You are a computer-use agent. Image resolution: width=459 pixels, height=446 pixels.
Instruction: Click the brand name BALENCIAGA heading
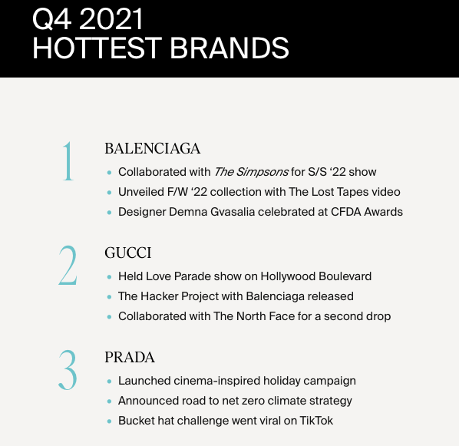[152, 148]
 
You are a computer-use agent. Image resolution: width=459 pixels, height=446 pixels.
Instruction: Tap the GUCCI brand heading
[128, 253]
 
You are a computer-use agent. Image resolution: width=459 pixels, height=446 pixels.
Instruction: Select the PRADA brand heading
[130, 357]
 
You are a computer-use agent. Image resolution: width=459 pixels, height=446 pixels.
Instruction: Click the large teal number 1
[68, 160]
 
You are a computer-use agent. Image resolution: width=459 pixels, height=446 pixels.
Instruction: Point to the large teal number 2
[68, 265]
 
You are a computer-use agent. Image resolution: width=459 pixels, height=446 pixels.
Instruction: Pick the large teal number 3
[68, 369]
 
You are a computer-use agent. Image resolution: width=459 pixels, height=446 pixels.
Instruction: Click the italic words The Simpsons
[251, 172]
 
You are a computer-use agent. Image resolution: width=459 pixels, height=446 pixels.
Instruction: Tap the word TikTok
[316, 421]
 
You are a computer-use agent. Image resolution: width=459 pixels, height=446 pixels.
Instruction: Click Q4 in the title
[52, 20]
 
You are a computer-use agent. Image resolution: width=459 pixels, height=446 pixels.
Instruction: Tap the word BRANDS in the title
[229, 48]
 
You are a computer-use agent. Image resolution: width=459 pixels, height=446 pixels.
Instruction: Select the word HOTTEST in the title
[97, 48]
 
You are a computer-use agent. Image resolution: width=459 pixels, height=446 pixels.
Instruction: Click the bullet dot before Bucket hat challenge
[110, 421]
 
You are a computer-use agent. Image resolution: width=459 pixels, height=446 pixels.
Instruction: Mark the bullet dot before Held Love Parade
[110, 277]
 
